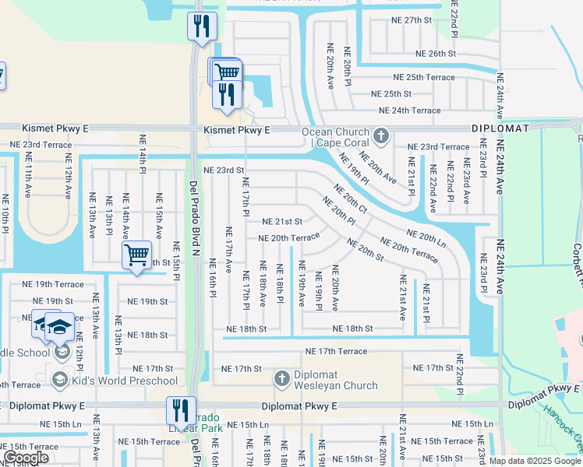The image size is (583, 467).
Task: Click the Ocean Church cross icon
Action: click(381, 137)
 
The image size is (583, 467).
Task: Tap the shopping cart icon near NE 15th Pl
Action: click(137, 255)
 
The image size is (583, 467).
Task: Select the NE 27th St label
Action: click(424, 20)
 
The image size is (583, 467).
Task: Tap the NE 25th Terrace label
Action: click(423, 78)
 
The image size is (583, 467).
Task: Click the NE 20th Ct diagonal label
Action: click(350, 198)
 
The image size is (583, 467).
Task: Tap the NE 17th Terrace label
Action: click(336, 352)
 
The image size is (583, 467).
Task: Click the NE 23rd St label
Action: click(224, 170)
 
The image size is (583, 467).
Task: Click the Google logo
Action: click(26, 458)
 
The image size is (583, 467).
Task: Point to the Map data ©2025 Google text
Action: click(535, 461)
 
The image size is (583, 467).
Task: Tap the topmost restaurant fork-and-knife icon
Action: click(202, 25)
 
